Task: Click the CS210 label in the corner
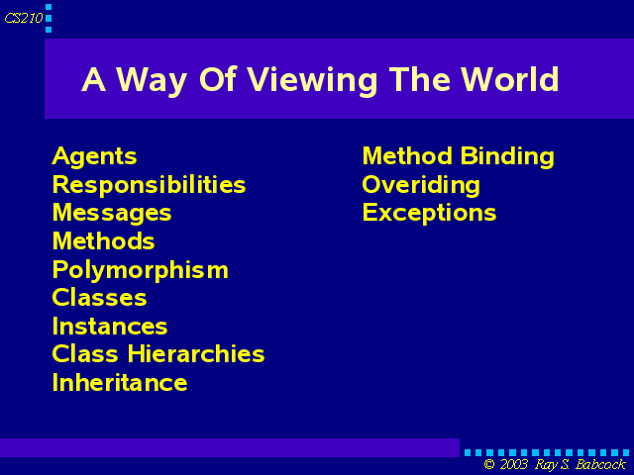[x=24, y=18]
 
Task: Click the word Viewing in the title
[x=312, y=81]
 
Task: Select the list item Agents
[x=95, y=156]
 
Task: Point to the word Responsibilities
[x=150, y=186]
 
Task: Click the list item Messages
[x=112, y=214]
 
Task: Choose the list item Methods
[x=103, y=241]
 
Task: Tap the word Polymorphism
[x=141, y=270]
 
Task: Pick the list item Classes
[x=99, y=298]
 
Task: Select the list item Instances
[x=110, y=326]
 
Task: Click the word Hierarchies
[x=196, y=354]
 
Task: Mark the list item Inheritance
[x=120, y=382]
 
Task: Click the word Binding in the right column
[x=507, y=156]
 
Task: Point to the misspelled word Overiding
[x=421, y=185]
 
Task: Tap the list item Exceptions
[x=429, y=214]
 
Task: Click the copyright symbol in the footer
[x=489, y=464]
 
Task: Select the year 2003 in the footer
[x=514, y=464]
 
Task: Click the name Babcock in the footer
[x=601, y=464]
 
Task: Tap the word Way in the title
[x=152, y=81]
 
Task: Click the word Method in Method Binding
[x=407, y=156]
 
